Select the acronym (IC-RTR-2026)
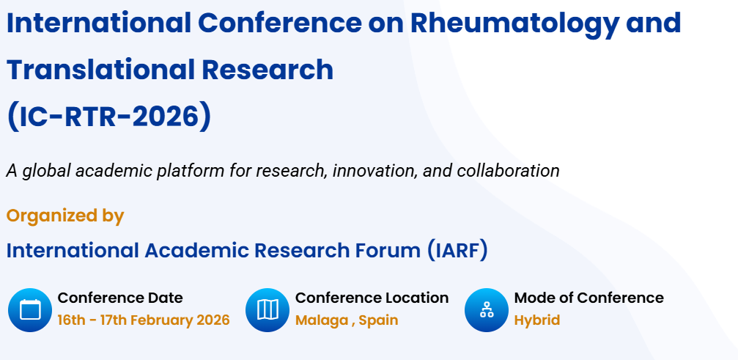point(108,117)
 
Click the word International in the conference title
point(100,23)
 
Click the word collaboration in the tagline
point(508,171)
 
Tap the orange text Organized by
point(65,216)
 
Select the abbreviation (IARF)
point(457,250)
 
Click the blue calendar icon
point(30,309)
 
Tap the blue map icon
point(267,309)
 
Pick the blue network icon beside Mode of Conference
point(487,309)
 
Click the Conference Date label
point(120,298)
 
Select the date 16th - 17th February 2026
point(144,320)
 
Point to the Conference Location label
point(372,298)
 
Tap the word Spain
point(379,320)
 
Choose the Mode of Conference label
point(588,298)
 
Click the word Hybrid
point(536,320)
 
